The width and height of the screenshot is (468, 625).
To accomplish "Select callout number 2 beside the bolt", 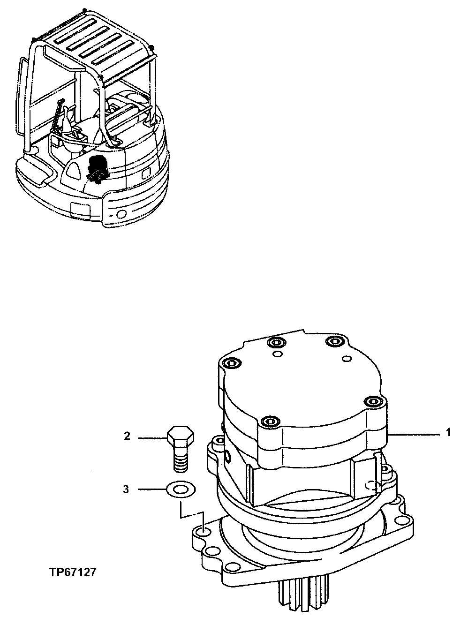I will pos(127,437).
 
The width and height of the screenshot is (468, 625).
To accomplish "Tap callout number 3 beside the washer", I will pos(126,489).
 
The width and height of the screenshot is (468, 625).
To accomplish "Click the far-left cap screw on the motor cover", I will pos(231,362).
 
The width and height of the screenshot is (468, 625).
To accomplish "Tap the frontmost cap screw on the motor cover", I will pos(267,421).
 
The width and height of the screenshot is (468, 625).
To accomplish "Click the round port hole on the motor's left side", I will pos(227,456).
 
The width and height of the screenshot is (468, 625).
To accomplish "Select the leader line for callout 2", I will pos(151,437).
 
